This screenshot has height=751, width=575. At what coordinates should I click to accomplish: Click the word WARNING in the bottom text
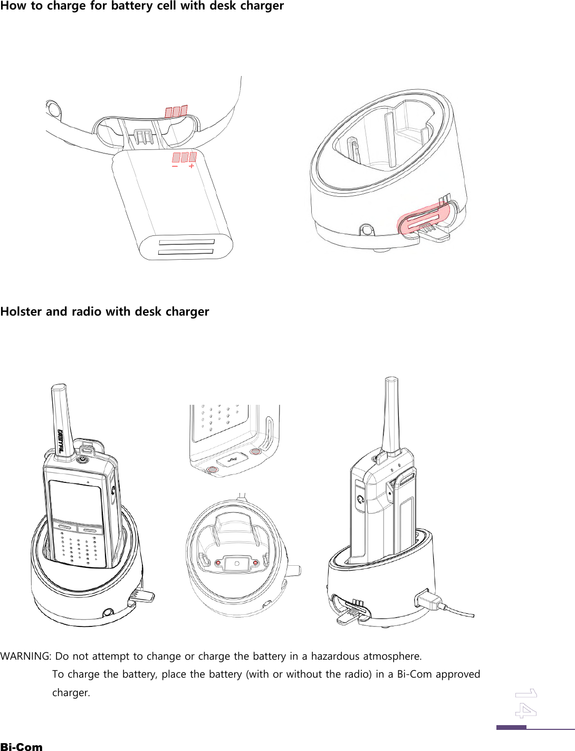click(25, 656)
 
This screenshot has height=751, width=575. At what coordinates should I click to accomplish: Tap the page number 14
click(525, 703)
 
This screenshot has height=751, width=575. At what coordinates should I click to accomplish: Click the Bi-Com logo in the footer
click(21, 746)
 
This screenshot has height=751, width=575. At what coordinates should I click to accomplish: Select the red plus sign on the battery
click(191, 166)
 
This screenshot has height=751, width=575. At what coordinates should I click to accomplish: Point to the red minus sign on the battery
click(175, 166)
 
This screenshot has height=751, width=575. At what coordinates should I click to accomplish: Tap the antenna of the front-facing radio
click(59, 417)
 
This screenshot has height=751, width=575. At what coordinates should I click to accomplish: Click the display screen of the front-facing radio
click(75, 501)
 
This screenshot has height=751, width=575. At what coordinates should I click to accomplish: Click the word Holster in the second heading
click(21, 311)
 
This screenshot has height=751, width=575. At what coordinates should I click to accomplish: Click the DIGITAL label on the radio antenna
click(61, 441)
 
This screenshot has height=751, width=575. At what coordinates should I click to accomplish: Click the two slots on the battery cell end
click(186, 247)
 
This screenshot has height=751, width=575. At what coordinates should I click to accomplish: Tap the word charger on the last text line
click(71, 692)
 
